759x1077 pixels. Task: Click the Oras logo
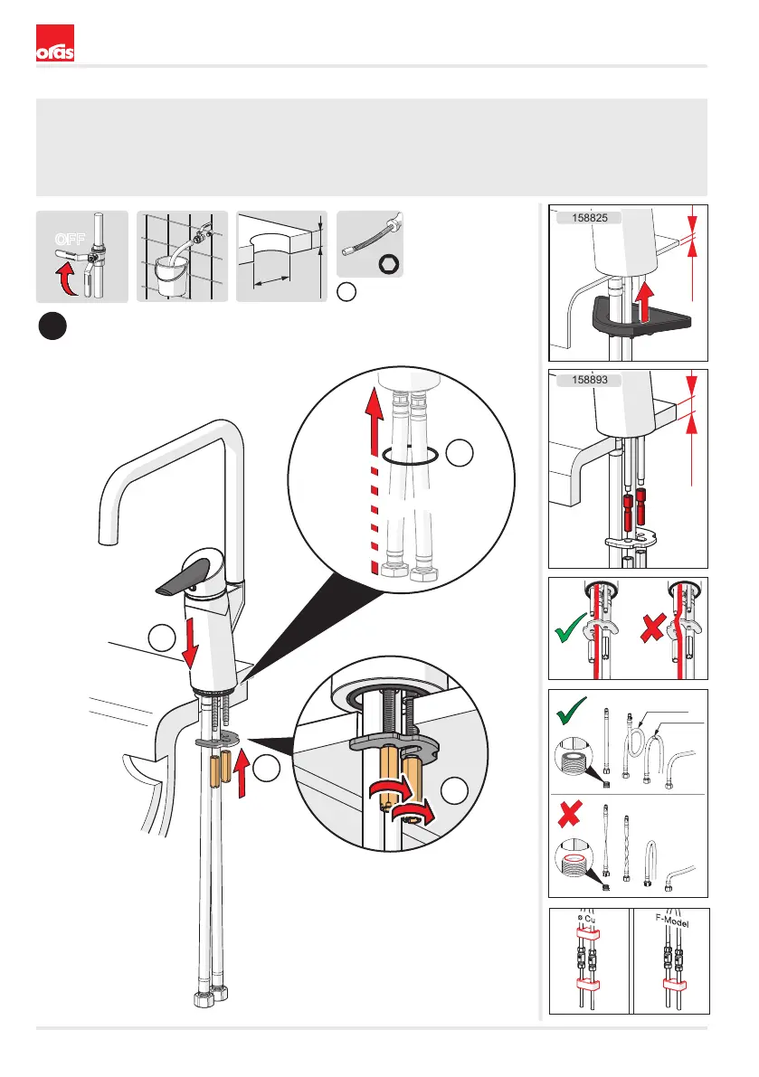[54, 43]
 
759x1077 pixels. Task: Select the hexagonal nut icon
[390, 263]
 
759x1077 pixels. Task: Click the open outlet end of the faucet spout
[108, 539]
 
